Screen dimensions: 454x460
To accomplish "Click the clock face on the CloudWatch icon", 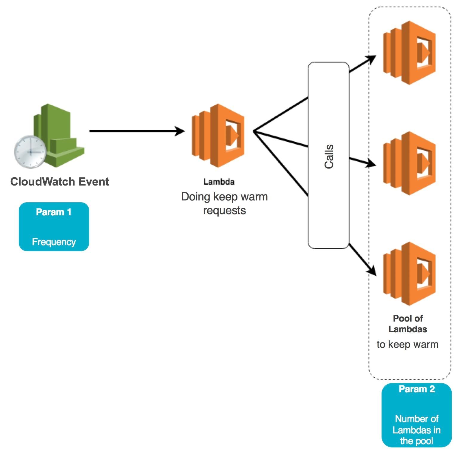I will (30, 152).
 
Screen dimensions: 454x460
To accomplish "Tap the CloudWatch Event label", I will (60, 182).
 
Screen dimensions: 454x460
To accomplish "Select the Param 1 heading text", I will (54, 212).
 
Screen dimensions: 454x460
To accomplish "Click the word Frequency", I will (54, 242).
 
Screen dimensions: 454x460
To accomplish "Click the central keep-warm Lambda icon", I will (218, 135).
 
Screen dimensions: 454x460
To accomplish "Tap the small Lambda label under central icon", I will (219, 182).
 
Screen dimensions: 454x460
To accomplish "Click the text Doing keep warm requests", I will (224, 203).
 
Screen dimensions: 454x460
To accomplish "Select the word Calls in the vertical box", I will (329, 156).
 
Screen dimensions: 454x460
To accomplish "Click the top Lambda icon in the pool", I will (409, 52).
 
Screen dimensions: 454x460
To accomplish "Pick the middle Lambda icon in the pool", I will (409, 163).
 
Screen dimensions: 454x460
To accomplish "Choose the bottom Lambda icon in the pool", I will (409, 274).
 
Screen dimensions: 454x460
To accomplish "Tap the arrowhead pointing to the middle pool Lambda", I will (372, 163).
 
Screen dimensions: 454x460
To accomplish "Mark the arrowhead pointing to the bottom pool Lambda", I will (372, 271).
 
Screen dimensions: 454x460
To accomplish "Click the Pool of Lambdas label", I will (408, 324).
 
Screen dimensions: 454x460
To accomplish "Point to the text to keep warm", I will (407, 344).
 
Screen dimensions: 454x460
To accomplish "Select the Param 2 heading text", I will (417, 389).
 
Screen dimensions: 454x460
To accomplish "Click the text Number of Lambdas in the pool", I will (417, 430).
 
